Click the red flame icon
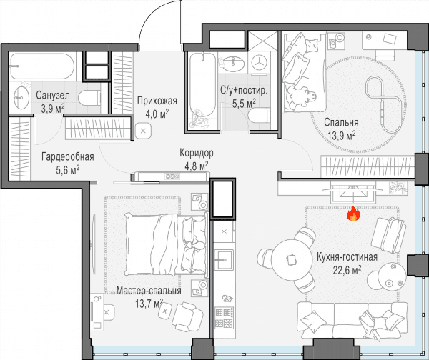(x=353, y=214)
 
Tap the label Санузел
(x=53, y=95)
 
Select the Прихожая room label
(x=157, y=101)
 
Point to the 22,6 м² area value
(x=347, y=270)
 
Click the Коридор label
(x=197, y=153)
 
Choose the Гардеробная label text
(x=68, y=157)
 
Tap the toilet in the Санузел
(x=89, y=98)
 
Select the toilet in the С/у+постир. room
(x=260, y=116)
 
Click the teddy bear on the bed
(x=302, y=96)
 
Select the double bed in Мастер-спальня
(x=166, y=244)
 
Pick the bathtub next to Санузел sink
(x=41, y=66)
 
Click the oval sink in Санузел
(x=21, y=98)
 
